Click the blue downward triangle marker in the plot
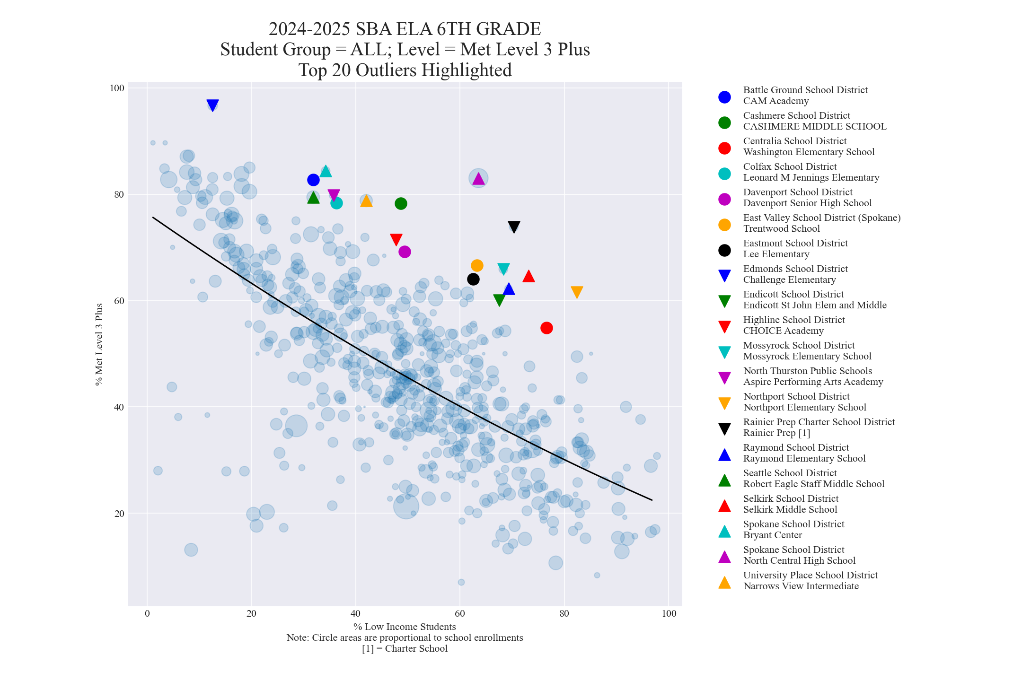point(212,105)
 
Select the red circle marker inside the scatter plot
point(546,328)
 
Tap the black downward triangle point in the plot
point(514,227)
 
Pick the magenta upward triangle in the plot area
point(478,179)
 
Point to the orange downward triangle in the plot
point(576,292)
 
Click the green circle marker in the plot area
point(401,204)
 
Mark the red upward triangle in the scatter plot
point(529,276)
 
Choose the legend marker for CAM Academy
point(724,97)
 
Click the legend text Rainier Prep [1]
point(776,433)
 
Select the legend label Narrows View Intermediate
point(801,586)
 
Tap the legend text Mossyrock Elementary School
point(807,356)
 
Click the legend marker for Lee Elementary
point(724,250)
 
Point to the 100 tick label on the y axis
point(117,88)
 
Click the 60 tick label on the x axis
point(460,613)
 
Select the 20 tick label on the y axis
point(119,514)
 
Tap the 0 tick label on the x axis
point(147,613)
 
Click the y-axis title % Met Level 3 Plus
point(99,345)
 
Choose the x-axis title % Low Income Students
point(405,627)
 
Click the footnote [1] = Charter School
point(405,648)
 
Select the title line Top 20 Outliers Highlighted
point(405,70)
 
